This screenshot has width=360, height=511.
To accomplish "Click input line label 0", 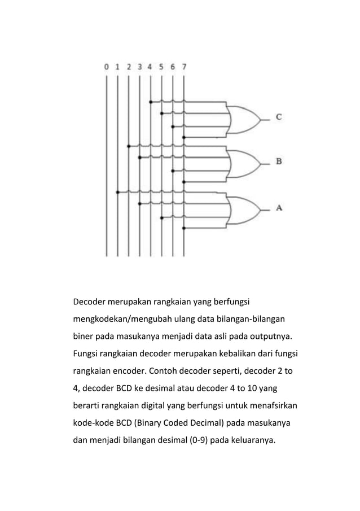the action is click(106, 67).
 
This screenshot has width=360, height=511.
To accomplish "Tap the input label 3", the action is click(139, 67).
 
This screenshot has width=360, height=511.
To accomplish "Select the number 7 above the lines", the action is click(184, 67).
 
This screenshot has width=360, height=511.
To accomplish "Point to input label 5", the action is click(161, 67).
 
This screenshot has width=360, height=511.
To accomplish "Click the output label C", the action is click(279, 117).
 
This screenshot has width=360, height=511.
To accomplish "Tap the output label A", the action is click(279, 208).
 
